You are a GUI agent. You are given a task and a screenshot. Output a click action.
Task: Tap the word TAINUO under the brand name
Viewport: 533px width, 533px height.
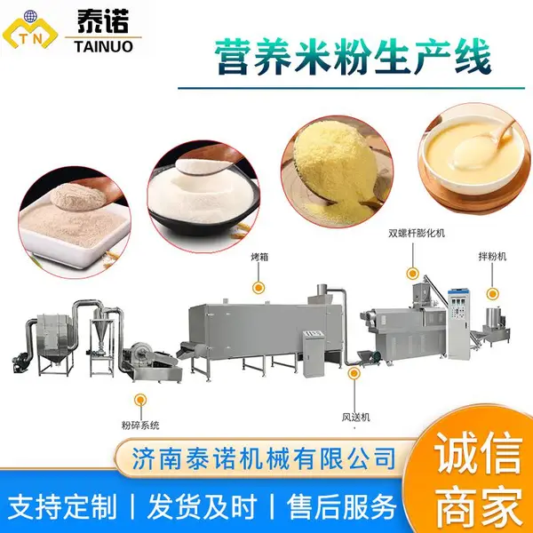(103, 46)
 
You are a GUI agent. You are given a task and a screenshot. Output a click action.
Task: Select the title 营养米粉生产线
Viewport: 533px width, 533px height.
(354, 58)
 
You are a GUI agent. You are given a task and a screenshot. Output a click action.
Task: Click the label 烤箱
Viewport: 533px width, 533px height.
(259, 257)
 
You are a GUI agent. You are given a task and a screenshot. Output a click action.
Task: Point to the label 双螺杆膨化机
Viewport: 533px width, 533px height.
(417, 233)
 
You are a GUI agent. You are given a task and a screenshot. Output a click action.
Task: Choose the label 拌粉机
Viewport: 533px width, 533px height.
(492, 257)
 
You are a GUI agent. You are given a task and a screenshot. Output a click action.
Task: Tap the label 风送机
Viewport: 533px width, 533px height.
(355, 418)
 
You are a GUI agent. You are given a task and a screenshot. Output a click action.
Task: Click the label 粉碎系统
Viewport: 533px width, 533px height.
(140, 425)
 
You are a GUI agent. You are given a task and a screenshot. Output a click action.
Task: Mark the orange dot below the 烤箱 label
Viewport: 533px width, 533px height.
(259, 288)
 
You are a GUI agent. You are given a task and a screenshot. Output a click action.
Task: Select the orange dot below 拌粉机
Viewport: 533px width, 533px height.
(492, 294)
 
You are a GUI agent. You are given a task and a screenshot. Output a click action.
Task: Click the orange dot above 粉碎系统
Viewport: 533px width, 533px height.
(140, 400)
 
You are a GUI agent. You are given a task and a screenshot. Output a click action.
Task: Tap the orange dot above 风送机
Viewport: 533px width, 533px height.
(354, 373)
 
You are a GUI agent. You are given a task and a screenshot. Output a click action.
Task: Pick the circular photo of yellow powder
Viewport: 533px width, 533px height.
(338, 171)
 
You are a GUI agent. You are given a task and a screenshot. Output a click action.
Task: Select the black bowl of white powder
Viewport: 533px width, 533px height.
(203, 196)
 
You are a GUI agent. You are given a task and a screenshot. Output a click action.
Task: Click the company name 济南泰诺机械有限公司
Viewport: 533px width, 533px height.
(264, 458)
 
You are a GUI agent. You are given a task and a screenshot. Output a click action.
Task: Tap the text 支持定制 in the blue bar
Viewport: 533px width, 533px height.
(62, 507)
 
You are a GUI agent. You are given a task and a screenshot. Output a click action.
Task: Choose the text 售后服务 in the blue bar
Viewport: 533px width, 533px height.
(341, 507)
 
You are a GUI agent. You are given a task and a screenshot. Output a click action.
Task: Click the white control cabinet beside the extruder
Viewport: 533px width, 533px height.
(459, 323)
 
